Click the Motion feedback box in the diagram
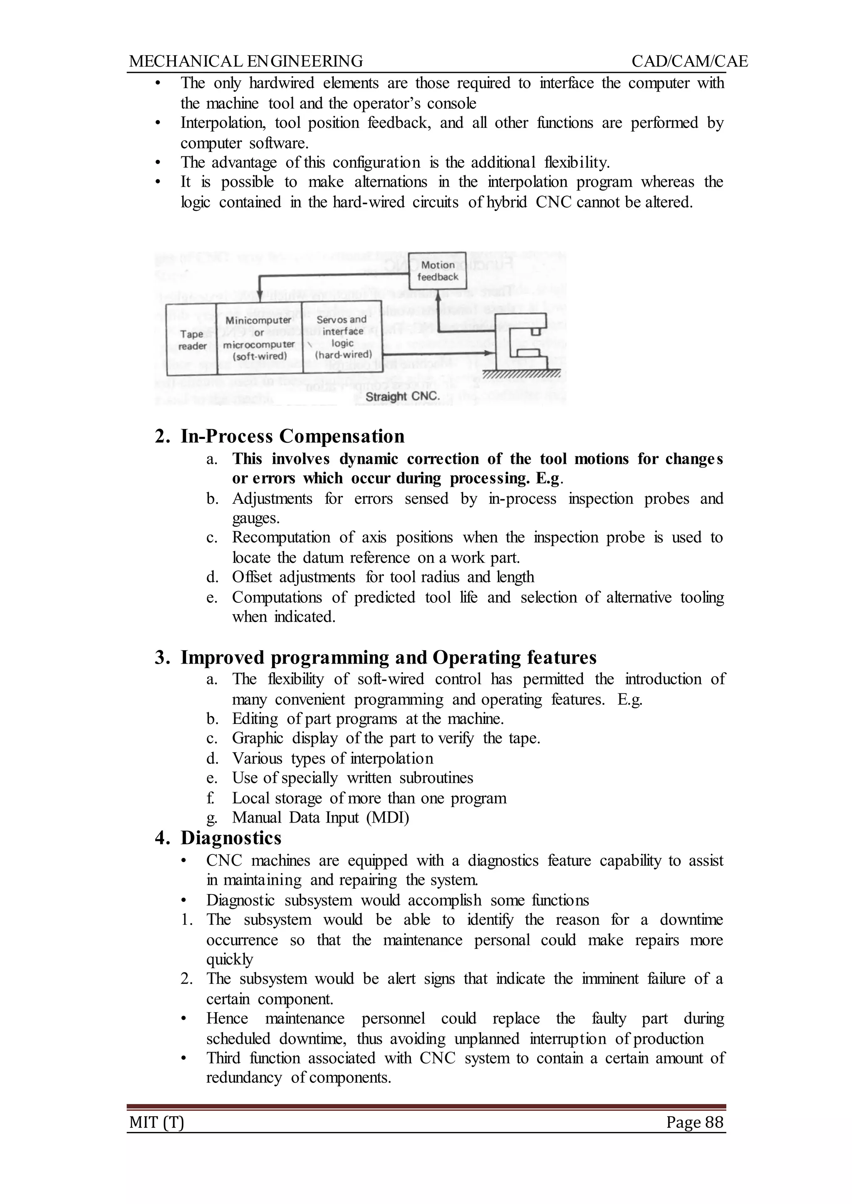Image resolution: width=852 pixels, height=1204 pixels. [438, 271]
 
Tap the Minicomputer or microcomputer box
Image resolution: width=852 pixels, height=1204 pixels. [259, 338]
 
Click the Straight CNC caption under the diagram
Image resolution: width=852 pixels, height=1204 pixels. [402, 396]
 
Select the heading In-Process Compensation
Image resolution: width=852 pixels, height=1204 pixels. [292, 436]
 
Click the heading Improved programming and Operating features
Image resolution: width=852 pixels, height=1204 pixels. [388, 657]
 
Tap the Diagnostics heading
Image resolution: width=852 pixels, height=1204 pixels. [231, 838]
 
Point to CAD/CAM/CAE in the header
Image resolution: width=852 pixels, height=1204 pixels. [689, 62]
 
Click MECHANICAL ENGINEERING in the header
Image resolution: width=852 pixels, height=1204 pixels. [245, 62]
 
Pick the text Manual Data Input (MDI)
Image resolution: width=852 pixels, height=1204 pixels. [321, 818]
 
